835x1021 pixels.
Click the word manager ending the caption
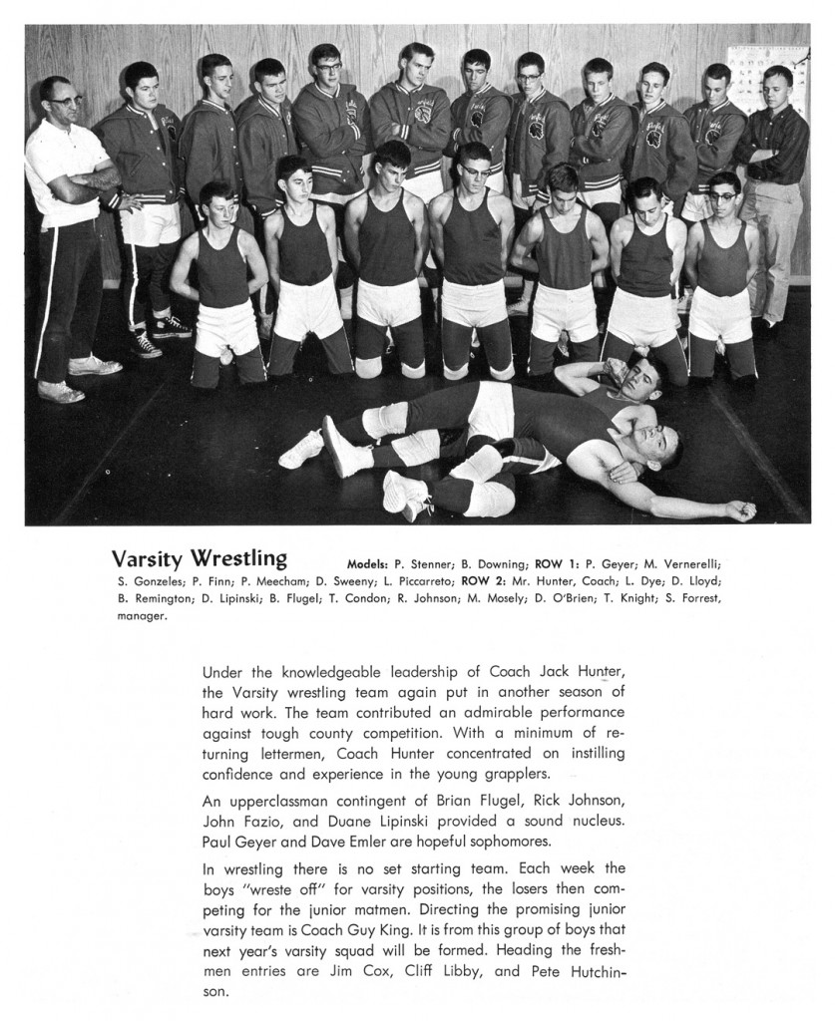(140, 615)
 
